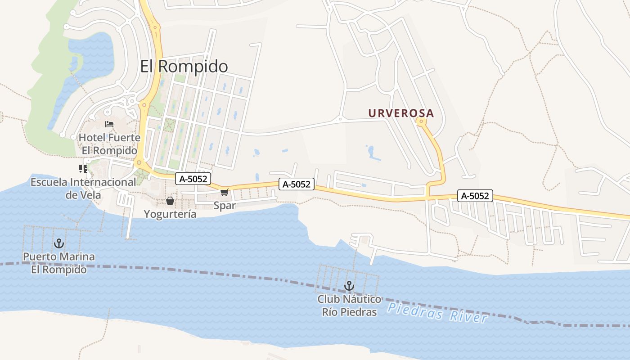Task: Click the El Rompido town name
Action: click(184, 67)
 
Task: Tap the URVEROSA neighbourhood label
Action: click(401, 113)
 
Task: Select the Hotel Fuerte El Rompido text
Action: click(109, 144)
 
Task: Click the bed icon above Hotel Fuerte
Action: click(109, 124)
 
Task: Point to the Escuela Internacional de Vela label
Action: click(83, 189)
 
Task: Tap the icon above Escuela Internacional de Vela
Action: click(83, 169)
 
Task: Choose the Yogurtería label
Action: click(170, 214)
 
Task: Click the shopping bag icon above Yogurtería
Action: click(170, 201)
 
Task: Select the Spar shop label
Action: click(225, 206)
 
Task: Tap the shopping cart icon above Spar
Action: click(225, 193)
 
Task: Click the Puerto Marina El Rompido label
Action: click(59, 263)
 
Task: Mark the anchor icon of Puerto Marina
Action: click(58, 244)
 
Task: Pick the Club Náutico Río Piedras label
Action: click(349, 306)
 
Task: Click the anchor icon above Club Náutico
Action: click(349, 286)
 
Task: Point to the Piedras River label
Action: click(437, 313)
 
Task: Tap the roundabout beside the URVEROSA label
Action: click(421, 121)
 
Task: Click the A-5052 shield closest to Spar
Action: click(193, 179)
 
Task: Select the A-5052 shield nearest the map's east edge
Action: click(475, 196)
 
